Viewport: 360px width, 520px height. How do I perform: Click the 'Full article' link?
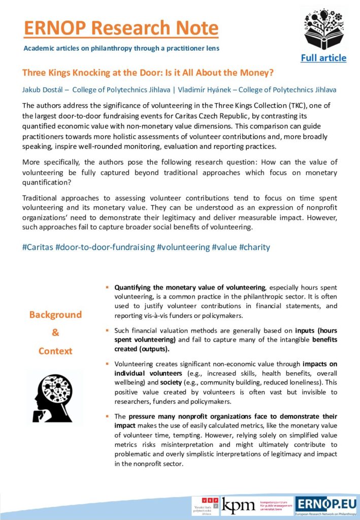click(323, 58)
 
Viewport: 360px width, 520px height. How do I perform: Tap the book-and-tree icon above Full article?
click(323, 28)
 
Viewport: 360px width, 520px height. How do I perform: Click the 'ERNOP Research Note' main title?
click(121, 28)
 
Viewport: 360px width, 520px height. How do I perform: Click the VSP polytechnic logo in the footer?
click(206, 506)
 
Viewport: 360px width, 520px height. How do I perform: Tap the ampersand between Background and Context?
click(55, 333)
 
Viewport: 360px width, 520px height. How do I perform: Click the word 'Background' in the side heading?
click(55, 315)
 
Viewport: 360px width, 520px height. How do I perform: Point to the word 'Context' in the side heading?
click(55, 351)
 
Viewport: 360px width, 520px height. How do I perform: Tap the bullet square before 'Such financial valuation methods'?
click(107, 331)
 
